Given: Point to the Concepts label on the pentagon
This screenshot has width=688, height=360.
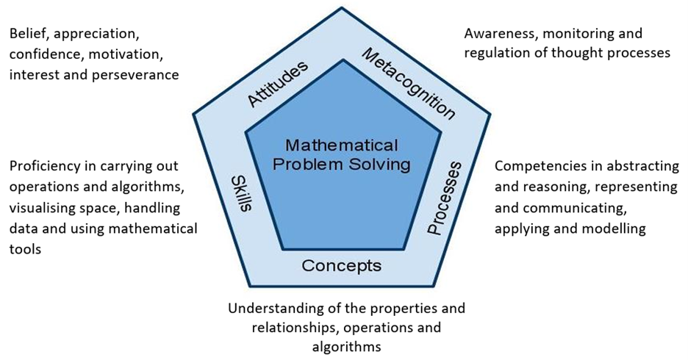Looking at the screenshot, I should coord(342,265).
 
